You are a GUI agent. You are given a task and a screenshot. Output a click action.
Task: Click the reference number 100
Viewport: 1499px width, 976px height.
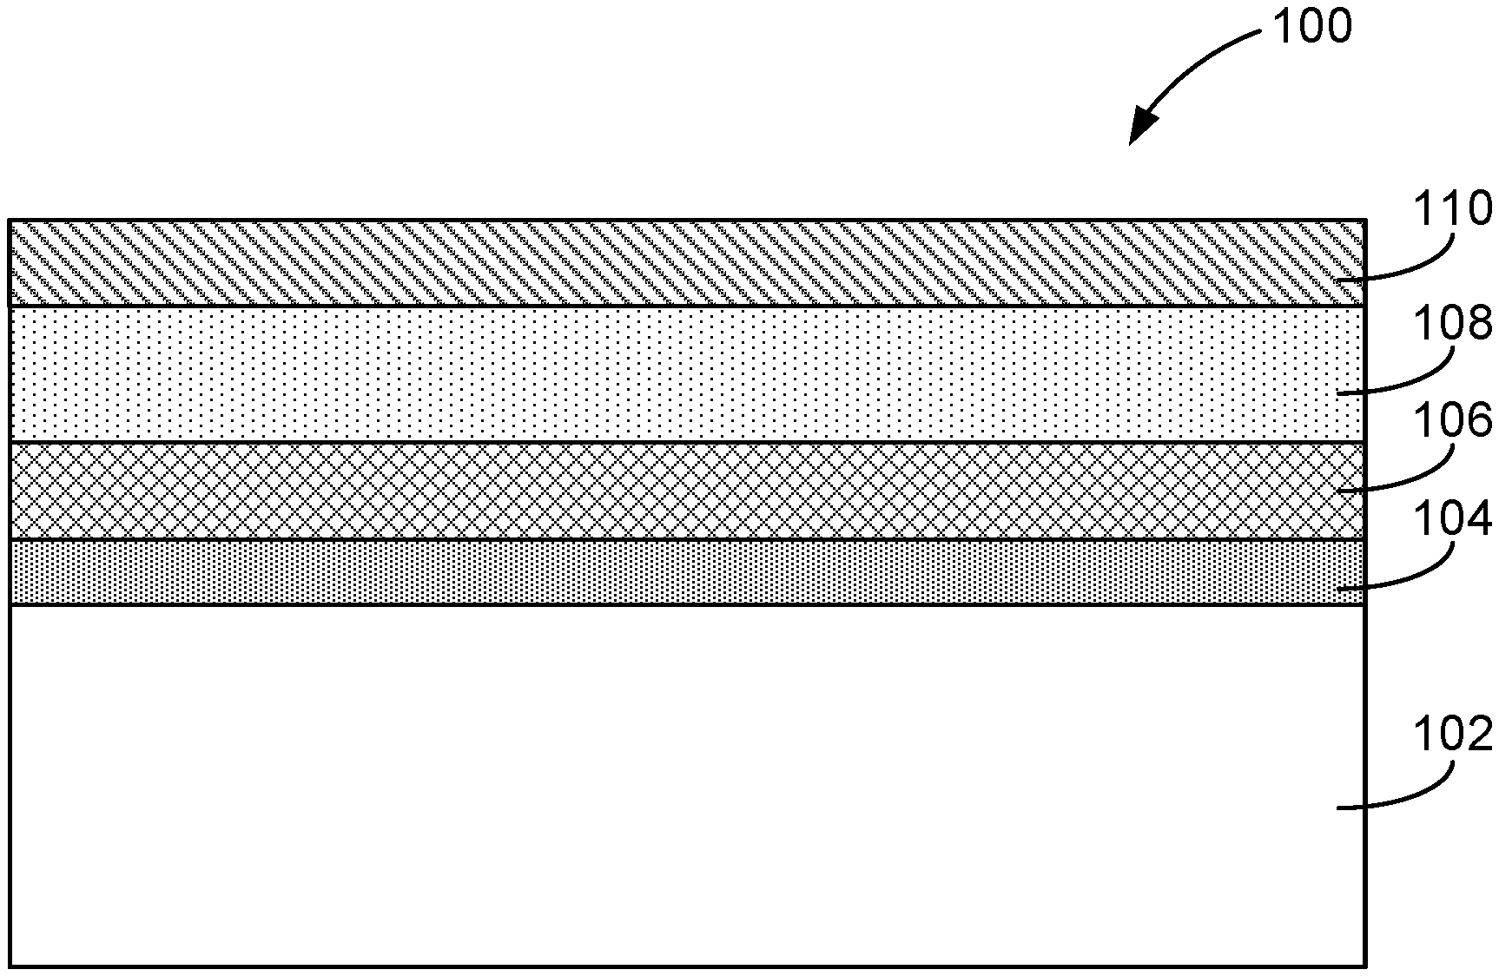pyautogui.click(x=1311, y=26)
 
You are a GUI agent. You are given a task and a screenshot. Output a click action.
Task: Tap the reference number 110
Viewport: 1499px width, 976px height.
pyautogui.click(x=1452, y=209)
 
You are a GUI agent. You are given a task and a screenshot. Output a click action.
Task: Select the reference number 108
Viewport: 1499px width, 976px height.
pyautogui.click(x=1452, y=324)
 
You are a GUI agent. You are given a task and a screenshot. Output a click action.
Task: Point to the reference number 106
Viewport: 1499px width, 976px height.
pyautogui.click(x=1452, y=422)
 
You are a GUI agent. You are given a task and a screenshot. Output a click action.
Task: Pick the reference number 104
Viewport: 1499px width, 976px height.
pyautogui.click(x=1452, y=519)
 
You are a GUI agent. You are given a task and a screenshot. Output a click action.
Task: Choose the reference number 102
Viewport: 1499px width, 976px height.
pyautogui.click(x=1452, y=734)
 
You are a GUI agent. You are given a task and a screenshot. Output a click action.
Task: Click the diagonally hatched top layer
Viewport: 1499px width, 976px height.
pyautogui.click(x=608, y=262)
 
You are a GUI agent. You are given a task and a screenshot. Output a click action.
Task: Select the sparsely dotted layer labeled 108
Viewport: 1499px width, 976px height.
pyautogui.click(x=608, y=373)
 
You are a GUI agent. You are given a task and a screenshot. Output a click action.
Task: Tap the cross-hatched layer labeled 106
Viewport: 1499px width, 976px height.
pyautogui.click(x=608, y=491)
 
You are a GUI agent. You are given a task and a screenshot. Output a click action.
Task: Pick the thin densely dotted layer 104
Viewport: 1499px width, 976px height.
pyautogui.click(x=608, y=571)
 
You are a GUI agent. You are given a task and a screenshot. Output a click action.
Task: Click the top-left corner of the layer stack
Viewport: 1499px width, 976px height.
pyautogui.click(x=10, y=221)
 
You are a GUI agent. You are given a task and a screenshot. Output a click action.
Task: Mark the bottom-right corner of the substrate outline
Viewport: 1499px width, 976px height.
pyautogui.click(x=1365, y=966)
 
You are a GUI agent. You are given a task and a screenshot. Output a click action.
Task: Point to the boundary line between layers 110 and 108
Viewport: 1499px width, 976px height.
pyautogui.click(x=608, y=306)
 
